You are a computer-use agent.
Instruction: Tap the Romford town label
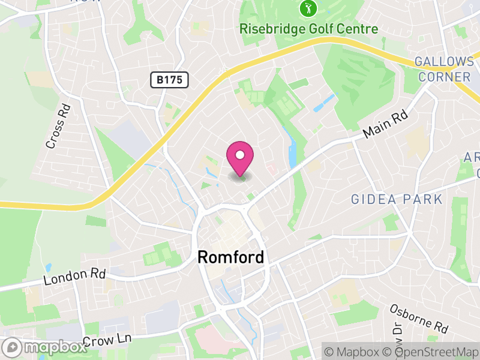pyautogui.click(x=230, y=258)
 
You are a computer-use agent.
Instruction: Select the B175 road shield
pyautogui.click(x=169, y=79)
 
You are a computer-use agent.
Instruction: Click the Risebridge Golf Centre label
pyautogui.click(x=308, y=29)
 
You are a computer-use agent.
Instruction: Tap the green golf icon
pyautogui.click(x=308, y=8)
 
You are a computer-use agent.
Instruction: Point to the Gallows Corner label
pyautogui.click(x=445, y=69)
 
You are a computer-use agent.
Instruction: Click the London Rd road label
pyautogui.click(x=75, y=277)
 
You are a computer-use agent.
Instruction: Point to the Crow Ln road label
pyautogui.click(x=107, y=340)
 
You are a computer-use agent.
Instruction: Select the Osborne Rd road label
pyautogui.click(x=419, y=319)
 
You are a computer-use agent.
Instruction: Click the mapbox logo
pyautogui.click(x=46, y=347)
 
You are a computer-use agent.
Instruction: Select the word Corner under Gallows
pyautogui.click(x=445, y=77)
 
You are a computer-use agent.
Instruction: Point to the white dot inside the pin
pyautogui.click(x=240, y=155)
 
